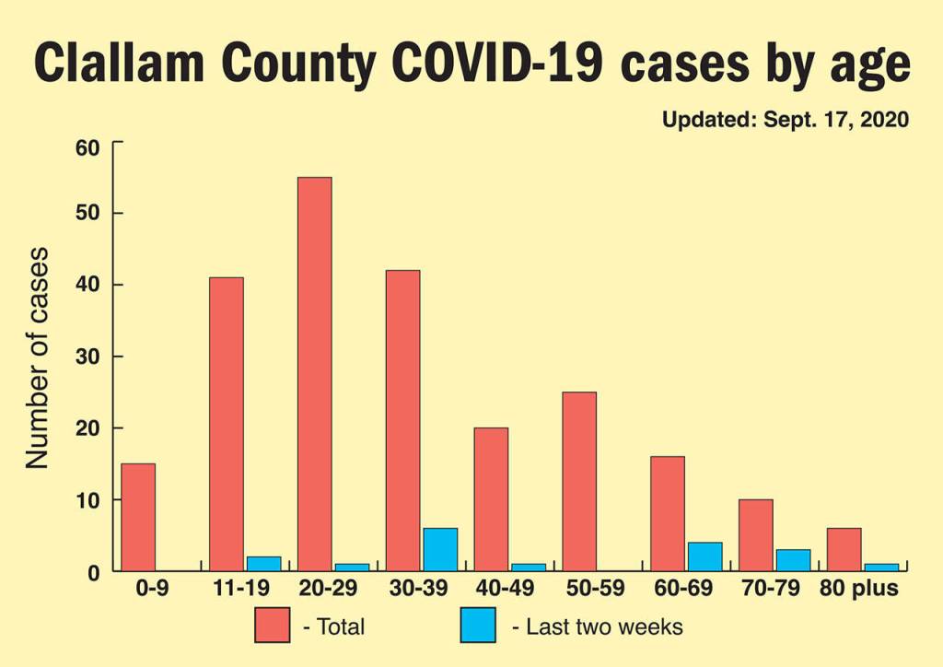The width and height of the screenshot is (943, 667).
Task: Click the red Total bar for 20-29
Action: [314, 374]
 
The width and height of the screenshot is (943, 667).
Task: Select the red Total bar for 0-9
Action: [138, 517]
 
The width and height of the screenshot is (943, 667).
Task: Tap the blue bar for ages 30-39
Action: [439, 549]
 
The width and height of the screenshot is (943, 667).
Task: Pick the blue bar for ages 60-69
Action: [704, 556]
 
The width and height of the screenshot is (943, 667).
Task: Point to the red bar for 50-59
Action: [579, 481]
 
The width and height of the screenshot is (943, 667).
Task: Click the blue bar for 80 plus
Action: [881, 567]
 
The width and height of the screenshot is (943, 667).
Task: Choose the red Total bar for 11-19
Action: [227, 424]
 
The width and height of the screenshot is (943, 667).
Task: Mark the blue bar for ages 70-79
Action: [793, 560]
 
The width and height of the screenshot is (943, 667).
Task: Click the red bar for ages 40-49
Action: [491, 499]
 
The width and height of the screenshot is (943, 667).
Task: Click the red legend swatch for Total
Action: [272, 626]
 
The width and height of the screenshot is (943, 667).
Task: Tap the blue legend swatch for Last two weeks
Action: [478, 626]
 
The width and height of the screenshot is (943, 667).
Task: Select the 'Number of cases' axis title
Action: [37, 357]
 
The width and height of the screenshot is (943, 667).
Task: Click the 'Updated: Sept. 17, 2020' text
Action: [785, 120]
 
